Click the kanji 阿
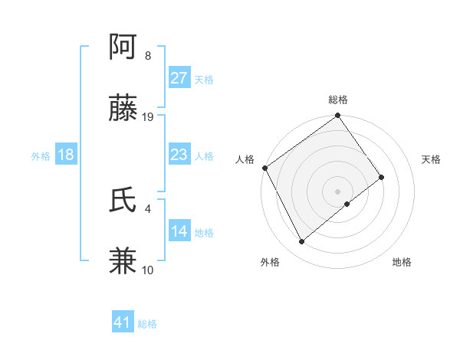123,49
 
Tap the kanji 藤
123,110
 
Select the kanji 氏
123,201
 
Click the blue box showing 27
179,78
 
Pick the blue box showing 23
179,155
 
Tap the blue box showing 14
179,231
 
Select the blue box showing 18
66,155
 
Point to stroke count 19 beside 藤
148,117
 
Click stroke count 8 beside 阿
147,56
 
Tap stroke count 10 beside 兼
148,270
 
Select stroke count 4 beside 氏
147,208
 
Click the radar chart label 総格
338,100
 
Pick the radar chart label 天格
432,159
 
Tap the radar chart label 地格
402,262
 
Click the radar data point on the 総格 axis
338,116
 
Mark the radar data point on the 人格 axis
264,168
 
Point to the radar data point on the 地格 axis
347,204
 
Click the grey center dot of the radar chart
338,191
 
